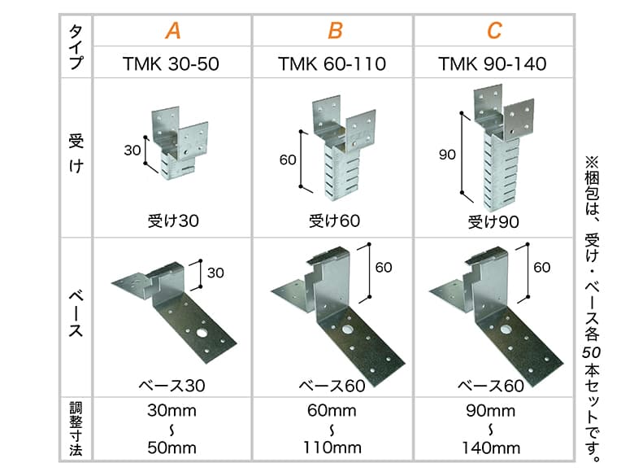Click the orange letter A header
tap(173, 30)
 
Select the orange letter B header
tap(335, 30)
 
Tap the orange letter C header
tap(494, 30)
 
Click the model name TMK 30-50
tap(171, 64)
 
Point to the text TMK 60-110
tap(332, 64)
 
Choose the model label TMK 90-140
tap(492, 64)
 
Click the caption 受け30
tap(173, 221)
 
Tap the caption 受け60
tap(334, 221)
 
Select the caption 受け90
tap(493, 222)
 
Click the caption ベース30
tap(172, 386)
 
